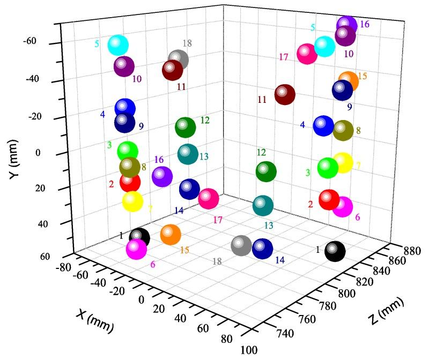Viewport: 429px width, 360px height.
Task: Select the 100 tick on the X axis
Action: coord(247,350)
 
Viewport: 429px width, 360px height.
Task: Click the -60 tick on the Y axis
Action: coord(30,41)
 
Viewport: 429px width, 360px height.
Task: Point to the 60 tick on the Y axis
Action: coord(44,257)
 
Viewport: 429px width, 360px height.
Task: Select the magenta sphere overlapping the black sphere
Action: coord(136,249)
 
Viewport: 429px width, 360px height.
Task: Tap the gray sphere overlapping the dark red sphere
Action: coord(179,59)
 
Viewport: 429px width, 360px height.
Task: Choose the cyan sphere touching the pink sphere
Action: coord(324,47)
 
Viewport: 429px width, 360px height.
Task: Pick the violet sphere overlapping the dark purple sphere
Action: coord(347,25)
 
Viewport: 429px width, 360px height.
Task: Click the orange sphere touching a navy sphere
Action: coord(349,80)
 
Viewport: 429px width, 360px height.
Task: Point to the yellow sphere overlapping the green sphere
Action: coord(343,162)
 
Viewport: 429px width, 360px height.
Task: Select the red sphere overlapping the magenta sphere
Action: coord(329,199)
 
